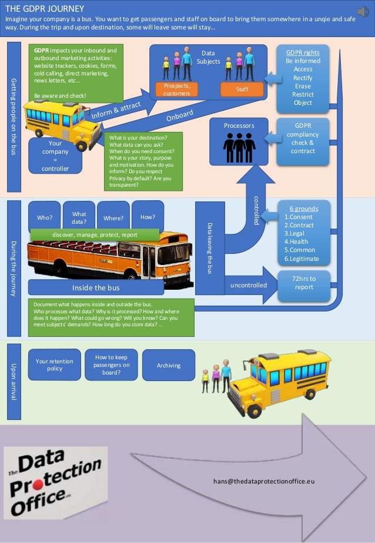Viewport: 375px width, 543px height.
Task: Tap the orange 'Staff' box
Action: coord(242,89)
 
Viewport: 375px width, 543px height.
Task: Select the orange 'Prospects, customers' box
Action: coord(176,90)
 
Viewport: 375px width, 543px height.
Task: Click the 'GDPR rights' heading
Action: coord(303,52)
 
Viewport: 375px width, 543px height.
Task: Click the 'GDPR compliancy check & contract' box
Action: coord(303,138)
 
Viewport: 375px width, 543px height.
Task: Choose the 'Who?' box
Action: coord(45,217)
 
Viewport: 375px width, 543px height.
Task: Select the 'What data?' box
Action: coord(79,218)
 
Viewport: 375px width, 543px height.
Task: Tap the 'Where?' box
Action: coord(113,218)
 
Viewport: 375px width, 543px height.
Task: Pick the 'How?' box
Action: coord(148,217)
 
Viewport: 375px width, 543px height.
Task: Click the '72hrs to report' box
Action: coord(304,283)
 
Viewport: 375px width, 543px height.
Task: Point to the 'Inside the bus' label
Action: coord(96,288)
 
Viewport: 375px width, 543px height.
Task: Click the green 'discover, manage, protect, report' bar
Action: coord(95,234)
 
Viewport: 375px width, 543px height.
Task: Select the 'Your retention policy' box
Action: coord(54,365)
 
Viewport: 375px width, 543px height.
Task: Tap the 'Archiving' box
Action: coord(169,365)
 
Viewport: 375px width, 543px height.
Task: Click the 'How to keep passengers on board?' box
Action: coord(112,365)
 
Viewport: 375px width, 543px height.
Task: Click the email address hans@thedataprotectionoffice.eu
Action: coord(264,481)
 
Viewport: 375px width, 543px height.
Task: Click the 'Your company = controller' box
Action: coord(55,155)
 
